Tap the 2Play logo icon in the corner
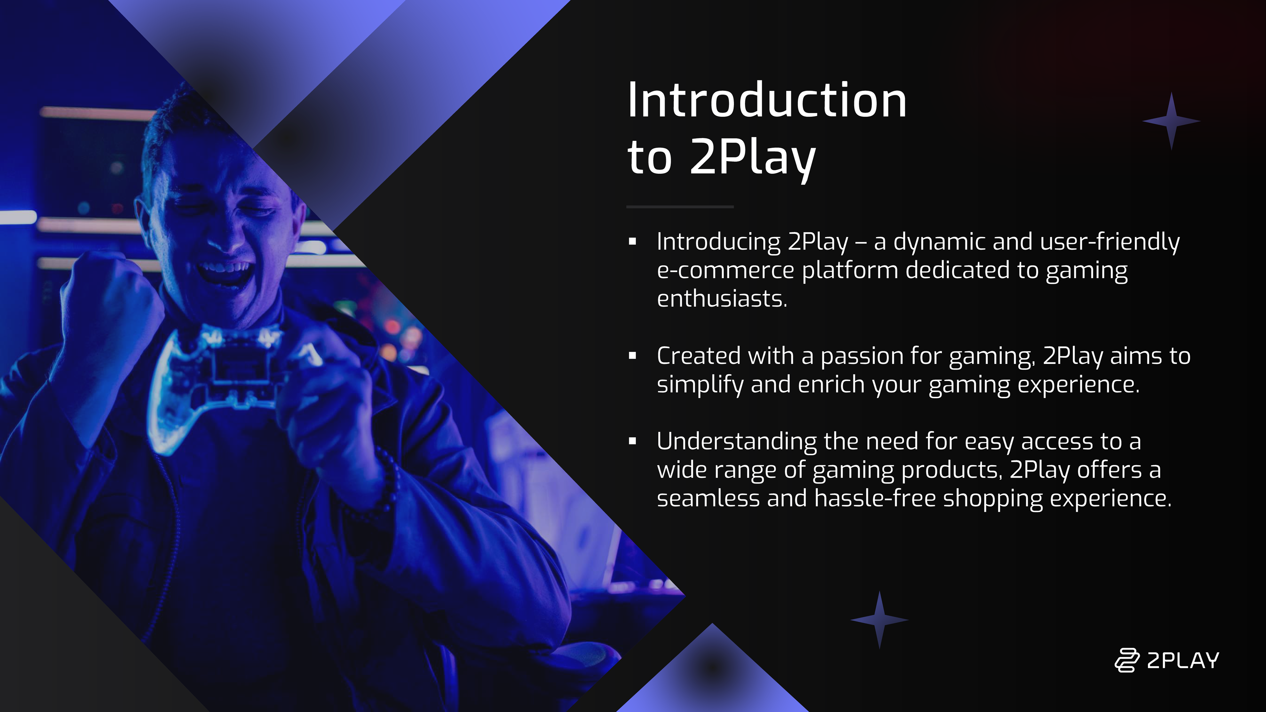point(1127,660)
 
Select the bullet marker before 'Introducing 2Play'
point(633,241)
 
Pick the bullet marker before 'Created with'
point(633,356)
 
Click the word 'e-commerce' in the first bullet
point(725,271)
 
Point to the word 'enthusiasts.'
point(722,299)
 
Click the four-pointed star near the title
point(1172,121)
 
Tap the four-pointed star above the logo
point(879,620)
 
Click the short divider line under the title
point(680,207)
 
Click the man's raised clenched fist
point(113,300)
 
